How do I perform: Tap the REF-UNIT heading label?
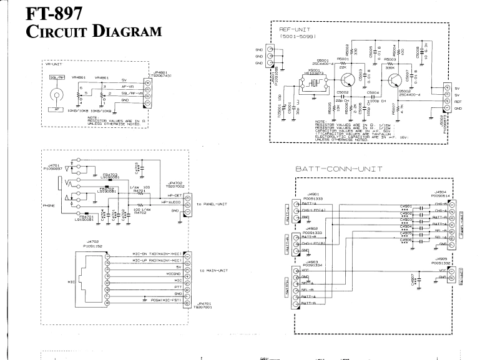[x=295, y=29]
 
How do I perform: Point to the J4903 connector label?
[x=310, y=261]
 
